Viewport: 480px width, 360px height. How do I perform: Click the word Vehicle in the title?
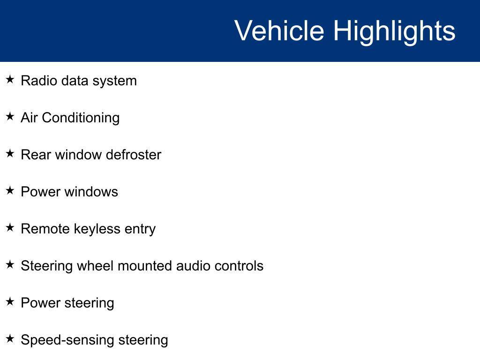[x=279, y=30]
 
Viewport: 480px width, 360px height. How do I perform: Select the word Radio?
[x=39, y=81]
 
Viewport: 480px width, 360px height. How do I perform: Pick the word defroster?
[x=134, y=155]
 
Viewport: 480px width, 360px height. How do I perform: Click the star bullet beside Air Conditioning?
[x=10, y=117]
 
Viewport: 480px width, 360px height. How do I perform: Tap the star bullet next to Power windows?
[x=10, y=191]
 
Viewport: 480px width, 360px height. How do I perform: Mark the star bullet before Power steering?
[x=10, y=302]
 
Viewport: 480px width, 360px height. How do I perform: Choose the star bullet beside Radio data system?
[x=10, y=80]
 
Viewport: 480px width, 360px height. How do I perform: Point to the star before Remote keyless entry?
[x=10, y=228]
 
